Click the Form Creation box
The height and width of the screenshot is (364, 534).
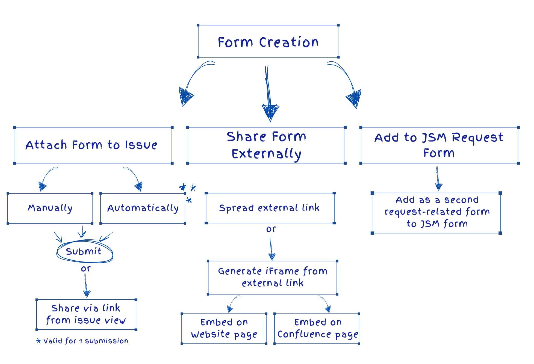[x=268, y=41]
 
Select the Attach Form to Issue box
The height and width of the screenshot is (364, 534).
[x=93, y=145]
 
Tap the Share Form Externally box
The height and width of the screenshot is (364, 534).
[x=266, y=145]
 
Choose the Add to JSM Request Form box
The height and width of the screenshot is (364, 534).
[x=439, y=145]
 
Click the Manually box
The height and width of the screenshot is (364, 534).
[x=50, y=208]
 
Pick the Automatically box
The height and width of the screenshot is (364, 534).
[x=143, y=208]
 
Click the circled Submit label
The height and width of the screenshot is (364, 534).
[x=84, y=251]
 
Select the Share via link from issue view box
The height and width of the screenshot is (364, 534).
[x=86, y=314]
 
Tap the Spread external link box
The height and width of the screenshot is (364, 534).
[x=270, y=208]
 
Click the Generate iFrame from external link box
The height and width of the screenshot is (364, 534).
[x=272, y=277]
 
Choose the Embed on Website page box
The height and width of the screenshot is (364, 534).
[x=224, y=329]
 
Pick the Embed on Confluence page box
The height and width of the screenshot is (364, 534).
[x=317, y=329]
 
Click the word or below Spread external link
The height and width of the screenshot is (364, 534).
[x=271, y=229]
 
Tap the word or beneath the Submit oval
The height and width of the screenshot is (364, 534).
[x=85, y=269]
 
